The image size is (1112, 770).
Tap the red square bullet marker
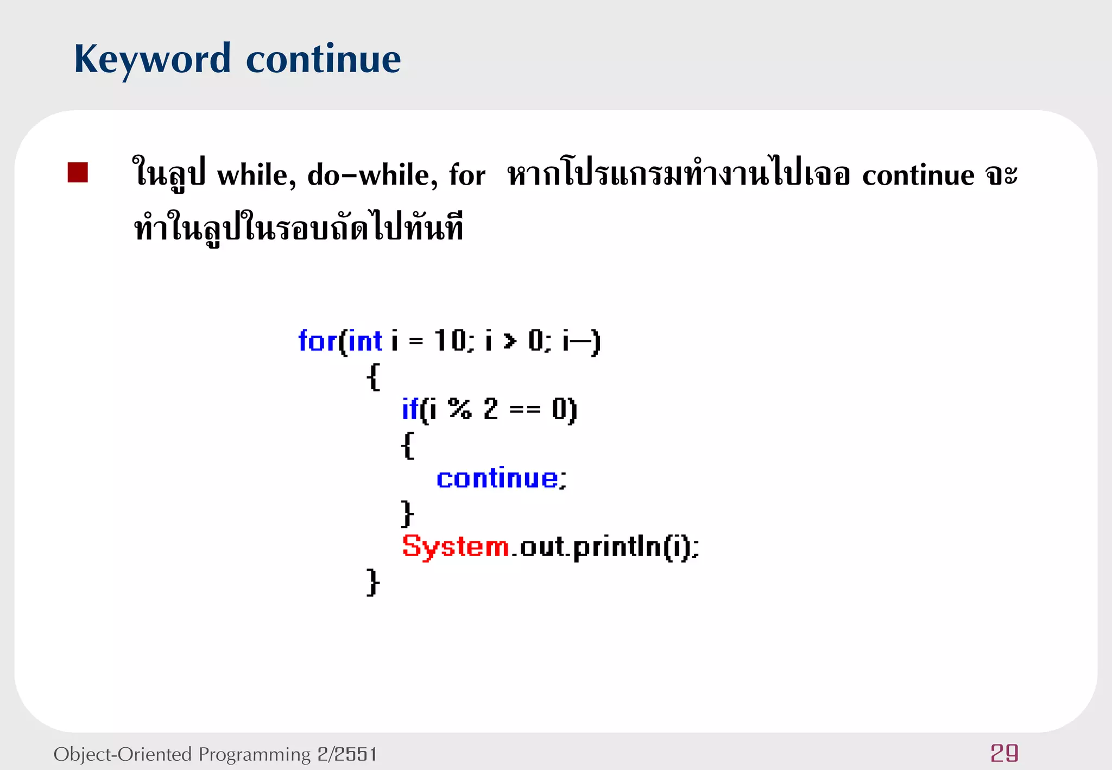pos(78,173)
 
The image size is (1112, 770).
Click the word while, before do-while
pos(257,175)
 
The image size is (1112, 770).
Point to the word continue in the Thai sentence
pos(918,175)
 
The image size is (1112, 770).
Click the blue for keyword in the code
pos(317,341)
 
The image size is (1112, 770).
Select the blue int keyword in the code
pos(365,341)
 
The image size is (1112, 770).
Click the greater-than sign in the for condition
pos(510,341)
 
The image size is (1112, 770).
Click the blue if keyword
pos(410,409)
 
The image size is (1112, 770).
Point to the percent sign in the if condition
pos(460,409)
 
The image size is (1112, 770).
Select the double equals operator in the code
pos(525,409)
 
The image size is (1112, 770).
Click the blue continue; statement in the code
pos(501,478)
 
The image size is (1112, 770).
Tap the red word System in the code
pos(455,546)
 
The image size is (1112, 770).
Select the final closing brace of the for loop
pos(372,582)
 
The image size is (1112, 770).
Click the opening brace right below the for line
pos(373,376)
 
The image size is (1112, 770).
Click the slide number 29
pos(1004,753)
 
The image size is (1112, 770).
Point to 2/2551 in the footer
pos(347,754)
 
